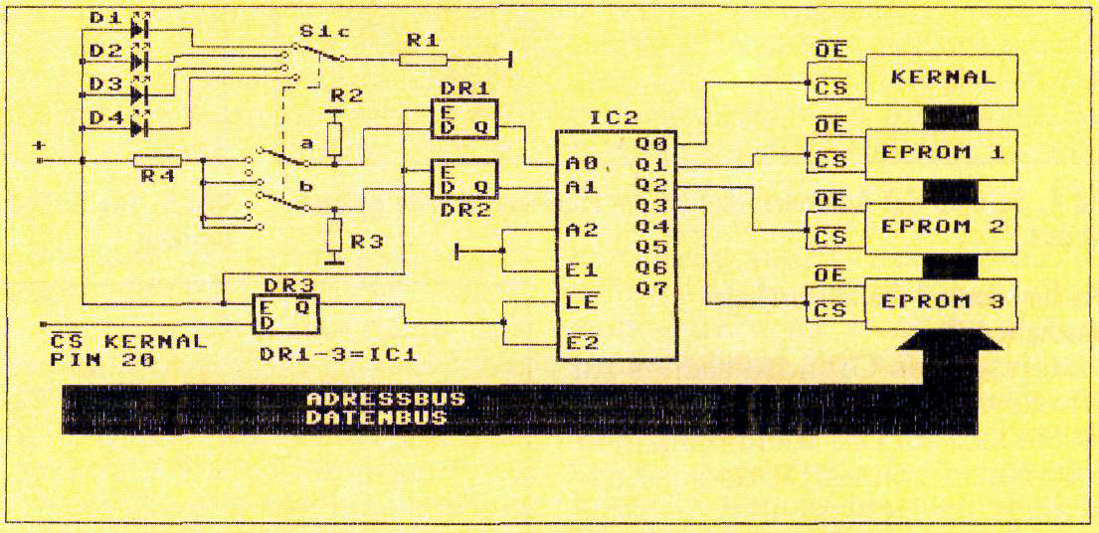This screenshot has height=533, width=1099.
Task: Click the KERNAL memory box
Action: point(942,79)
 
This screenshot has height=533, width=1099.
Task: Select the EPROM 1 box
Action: point(942,153)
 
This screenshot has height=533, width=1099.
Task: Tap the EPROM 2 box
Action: point(942,227)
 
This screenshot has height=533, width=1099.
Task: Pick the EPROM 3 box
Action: point(942,302)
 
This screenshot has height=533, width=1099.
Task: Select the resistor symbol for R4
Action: point(157,160)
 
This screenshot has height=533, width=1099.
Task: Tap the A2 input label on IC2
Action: point(582,230)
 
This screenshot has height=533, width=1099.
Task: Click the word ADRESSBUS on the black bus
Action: point(386,399)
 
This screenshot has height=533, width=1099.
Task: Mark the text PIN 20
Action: point(101,360)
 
